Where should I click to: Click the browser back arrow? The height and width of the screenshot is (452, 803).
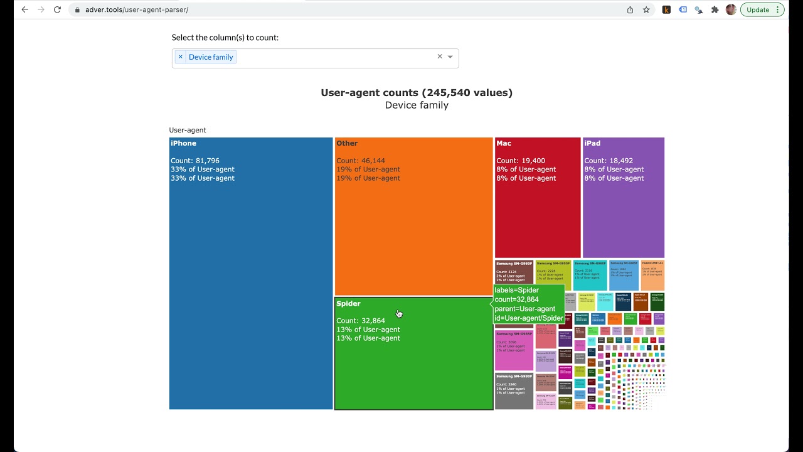(x=25, y=9)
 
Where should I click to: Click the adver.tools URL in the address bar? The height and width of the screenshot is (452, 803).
(x=137, y=9)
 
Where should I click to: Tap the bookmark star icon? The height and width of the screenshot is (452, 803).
(x=646, y=9)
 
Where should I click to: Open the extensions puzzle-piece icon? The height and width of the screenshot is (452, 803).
(x=715, y=9)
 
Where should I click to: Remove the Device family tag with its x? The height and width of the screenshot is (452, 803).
(x=181, y=56)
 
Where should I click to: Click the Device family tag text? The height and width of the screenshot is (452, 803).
(x=211, y=57)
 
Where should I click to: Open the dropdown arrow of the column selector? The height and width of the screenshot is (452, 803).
(x=450, y=57)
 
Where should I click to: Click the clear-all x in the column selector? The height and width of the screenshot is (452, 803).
(x=440, y=56)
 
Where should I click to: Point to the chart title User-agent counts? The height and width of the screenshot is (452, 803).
(x=417, y=93)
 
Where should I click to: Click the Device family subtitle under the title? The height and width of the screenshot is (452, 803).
(x=417, y=105)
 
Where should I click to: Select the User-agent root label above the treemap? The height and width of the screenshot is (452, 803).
(x=188, y=130)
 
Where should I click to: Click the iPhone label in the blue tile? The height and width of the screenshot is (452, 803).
(x=184, y=143)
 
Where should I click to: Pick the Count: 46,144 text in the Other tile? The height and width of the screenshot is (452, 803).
(x=361, y=161)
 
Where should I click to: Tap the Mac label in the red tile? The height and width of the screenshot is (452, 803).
(x=504, y=143)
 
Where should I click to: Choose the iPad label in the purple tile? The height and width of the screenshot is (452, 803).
(x=592, y=143)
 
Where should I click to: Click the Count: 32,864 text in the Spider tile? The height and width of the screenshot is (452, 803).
(x=361, y=321)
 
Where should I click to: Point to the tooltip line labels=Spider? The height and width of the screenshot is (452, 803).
(x=517, y=290)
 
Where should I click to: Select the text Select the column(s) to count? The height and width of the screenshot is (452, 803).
(x=225, y=38)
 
